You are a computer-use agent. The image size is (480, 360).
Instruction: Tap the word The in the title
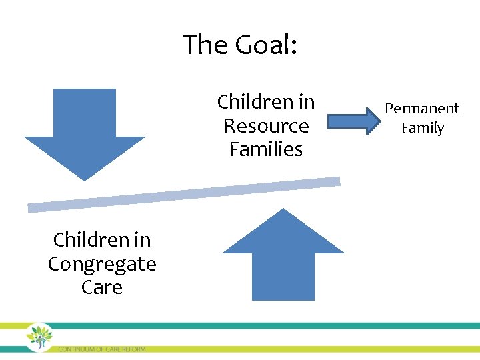(205, 45)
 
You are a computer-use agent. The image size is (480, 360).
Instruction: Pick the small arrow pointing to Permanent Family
(353, 122)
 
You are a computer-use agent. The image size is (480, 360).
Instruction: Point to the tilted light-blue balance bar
(183, 194)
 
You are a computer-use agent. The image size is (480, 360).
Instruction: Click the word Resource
(266, 126)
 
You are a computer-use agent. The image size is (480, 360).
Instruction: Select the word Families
(266, 149)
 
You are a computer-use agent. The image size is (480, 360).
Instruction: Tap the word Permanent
(422, 109)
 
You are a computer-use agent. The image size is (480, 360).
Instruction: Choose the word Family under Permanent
(422, 128)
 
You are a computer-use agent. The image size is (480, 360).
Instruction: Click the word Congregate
(102, 264)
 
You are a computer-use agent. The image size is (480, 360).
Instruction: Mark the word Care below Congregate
(102, 287)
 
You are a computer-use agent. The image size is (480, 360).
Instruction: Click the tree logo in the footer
(40, 337)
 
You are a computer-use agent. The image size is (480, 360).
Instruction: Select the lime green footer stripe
(300, 349)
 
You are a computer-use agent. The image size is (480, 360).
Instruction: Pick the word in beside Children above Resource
(307, 102)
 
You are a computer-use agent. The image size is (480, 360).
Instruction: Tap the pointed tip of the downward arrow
(84, 179)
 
